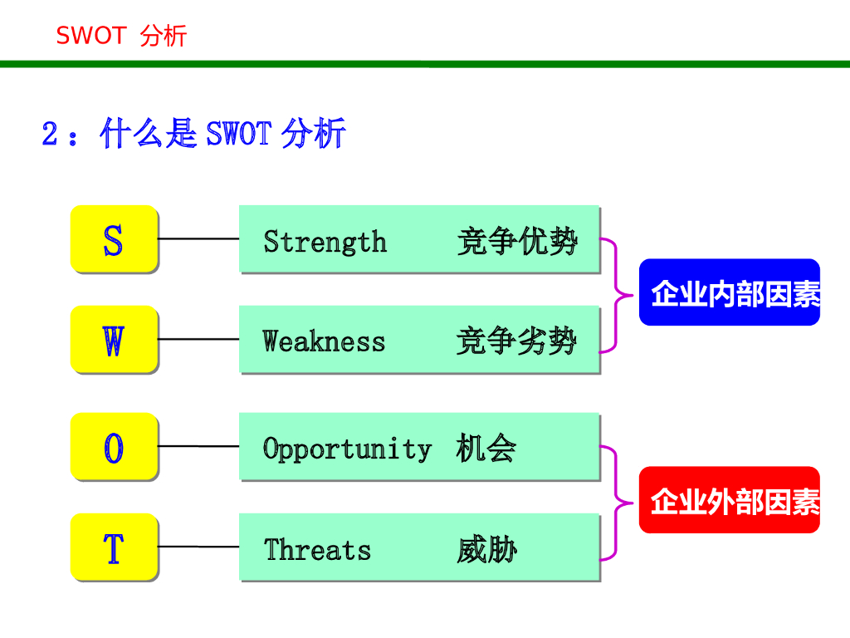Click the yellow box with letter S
[114, 239]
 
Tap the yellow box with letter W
[114, 339]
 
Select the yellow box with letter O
[114, 447]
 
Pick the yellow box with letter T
[114, 547]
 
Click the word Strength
[325, 242]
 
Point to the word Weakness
[324, 341]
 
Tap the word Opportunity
[347, 449]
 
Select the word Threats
[317, 549]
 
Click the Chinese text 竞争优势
[516, 242]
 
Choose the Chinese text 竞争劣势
[516, 341]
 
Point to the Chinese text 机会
[486, 449]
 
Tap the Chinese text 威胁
[486, 549]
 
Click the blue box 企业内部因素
[730, 292]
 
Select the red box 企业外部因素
[730, 500]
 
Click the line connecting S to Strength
[198, 238]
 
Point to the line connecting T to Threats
[198, 547]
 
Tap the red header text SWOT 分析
[121, 36]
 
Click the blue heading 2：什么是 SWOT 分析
[193, 133]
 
